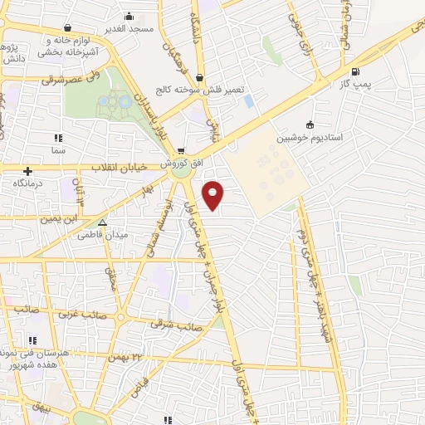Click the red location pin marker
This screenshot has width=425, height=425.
pyautogui.click(x=214, y=196)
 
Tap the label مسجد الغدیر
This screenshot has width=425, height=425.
pyautogui.click(x=129, y=29)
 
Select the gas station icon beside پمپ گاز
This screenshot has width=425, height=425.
pyautogui.click(x=356, y=71)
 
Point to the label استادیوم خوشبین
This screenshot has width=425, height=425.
pyautogui.click(x=310, y=137)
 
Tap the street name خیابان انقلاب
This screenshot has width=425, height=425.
pyautogui.click(x=119, y=168)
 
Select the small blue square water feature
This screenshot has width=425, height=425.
pyautogui.click(x=249, y=101)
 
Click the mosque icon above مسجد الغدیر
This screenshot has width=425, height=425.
pyautogui.click(x=129, y=16)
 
